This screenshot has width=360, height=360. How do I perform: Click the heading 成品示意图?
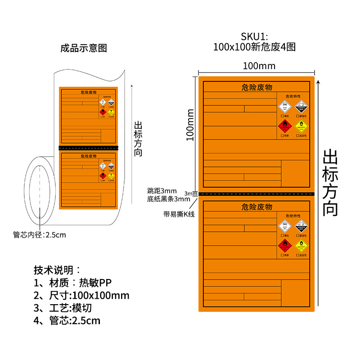84,48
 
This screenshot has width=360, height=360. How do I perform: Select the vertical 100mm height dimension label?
190,125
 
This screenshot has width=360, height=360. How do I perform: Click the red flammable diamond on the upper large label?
284,126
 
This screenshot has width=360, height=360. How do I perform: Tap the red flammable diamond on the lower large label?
284,245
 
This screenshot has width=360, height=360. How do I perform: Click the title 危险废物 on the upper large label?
256,87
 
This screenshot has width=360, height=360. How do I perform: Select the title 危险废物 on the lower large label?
256,207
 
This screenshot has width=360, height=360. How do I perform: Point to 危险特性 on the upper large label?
293,96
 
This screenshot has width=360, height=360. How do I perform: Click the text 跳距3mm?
162,191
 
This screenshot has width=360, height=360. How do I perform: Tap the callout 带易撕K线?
179,214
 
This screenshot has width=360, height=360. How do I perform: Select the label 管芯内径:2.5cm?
40,234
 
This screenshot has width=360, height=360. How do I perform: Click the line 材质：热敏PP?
72,283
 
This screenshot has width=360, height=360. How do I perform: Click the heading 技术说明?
57,270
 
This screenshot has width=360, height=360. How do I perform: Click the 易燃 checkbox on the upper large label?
282,135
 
